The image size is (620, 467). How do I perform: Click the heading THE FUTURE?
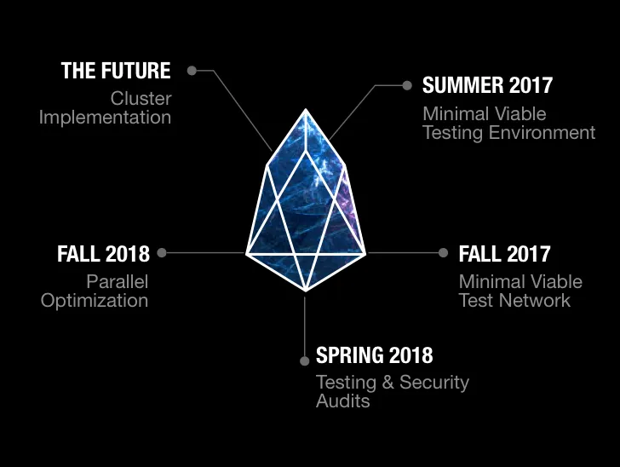(116, 71)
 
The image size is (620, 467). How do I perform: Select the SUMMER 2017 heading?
(487, 85)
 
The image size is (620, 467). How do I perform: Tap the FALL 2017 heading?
(504, 254)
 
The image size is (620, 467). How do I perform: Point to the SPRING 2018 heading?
(375, 355)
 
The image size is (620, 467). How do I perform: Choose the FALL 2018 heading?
(104, 254)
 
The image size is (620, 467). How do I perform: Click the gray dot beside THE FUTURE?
(192, 71)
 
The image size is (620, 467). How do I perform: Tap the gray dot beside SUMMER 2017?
(407, 85)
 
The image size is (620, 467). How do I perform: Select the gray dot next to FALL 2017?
(443, 252)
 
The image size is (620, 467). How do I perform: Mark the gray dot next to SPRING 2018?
(305, 360)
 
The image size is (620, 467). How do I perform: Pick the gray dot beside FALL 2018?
(162, 252)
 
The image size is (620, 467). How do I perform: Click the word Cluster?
(141, 99)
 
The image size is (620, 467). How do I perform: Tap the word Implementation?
(106, 118)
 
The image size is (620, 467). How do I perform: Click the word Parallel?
(118, 282)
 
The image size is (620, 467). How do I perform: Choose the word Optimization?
(95, 301)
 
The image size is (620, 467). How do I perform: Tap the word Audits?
(343, 401)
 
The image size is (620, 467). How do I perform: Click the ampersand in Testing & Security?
(387, 383)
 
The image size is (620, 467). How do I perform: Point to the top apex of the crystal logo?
(306, 110)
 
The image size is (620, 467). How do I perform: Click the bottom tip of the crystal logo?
(306, 291)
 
